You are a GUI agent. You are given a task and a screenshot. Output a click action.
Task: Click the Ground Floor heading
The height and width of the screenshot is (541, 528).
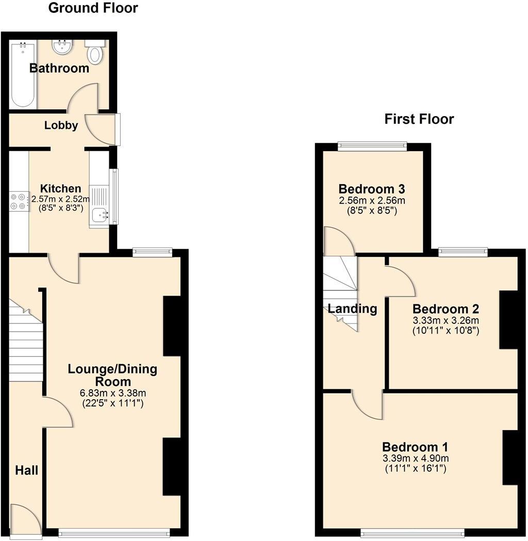tap(93, 8)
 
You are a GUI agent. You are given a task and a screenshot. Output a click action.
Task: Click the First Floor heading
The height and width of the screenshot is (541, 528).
tap(419, 119)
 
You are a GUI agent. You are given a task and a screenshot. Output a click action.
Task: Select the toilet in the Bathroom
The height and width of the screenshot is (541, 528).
tap(95, 52)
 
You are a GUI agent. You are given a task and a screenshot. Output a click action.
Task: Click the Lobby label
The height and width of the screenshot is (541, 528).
tap(61, 125)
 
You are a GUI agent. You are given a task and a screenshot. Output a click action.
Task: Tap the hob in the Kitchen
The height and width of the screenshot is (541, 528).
tap(19, 201)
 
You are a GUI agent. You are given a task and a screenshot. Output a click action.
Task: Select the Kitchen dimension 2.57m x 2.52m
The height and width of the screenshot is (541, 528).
tap(61, 199)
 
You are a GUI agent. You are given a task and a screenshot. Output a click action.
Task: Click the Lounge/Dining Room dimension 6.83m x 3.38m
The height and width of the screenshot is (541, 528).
tap(113, 393)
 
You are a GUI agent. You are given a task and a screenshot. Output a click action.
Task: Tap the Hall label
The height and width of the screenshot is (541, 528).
tap(26, 470)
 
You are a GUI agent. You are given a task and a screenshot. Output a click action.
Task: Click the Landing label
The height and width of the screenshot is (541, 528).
tap(353, 309)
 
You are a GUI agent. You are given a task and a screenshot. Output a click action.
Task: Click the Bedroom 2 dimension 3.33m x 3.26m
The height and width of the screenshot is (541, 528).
tap(446, 321)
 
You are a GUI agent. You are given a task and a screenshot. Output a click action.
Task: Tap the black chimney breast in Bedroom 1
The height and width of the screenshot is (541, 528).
tap(509, 457)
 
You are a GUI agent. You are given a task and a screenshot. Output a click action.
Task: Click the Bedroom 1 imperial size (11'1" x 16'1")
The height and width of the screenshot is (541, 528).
tap(415, 469)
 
